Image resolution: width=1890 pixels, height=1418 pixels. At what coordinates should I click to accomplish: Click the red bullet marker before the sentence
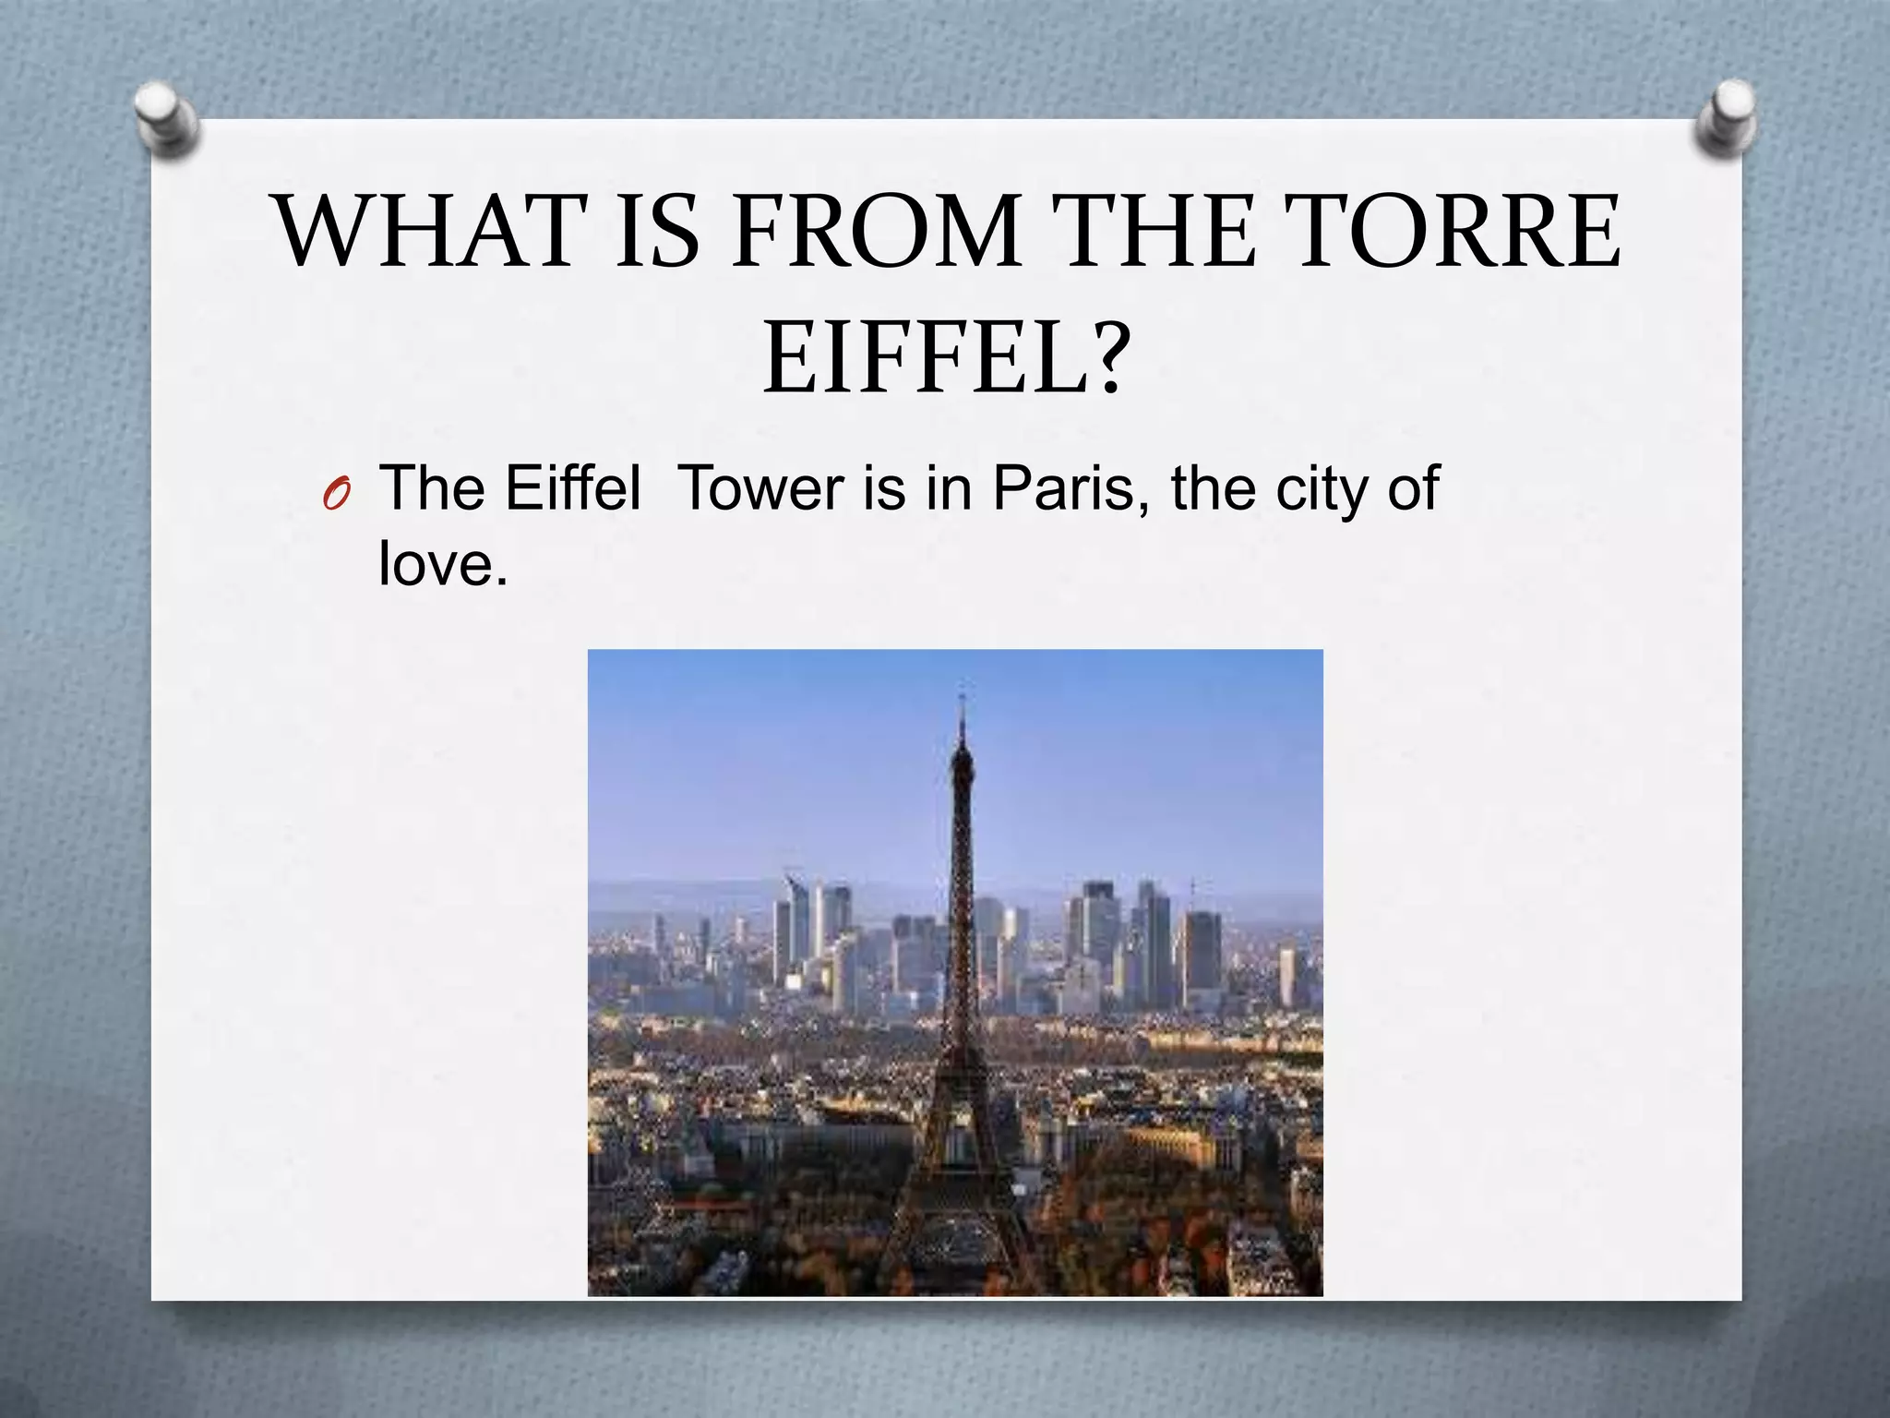[336, 498]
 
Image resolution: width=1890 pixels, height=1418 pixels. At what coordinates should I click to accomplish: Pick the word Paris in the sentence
[1070, 488]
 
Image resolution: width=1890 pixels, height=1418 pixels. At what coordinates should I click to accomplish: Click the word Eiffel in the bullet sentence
[572, 488]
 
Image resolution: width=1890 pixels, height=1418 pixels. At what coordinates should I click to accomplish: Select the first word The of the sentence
[431, 488]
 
